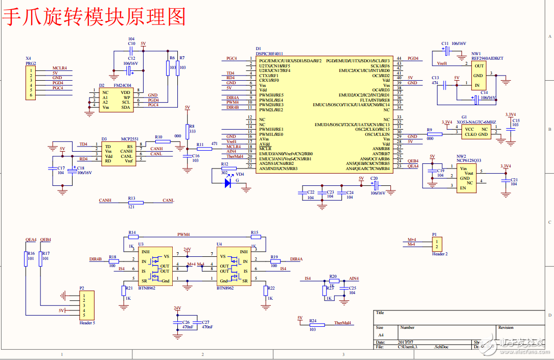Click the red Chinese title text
point(95,16)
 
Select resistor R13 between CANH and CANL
point(136,203)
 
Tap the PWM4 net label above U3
point(183,234)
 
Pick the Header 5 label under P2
point(87,323)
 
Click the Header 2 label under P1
point(439,254)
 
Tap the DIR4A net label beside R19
point(296,259)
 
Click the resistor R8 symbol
point(187,131)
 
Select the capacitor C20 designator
point(374,178)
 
